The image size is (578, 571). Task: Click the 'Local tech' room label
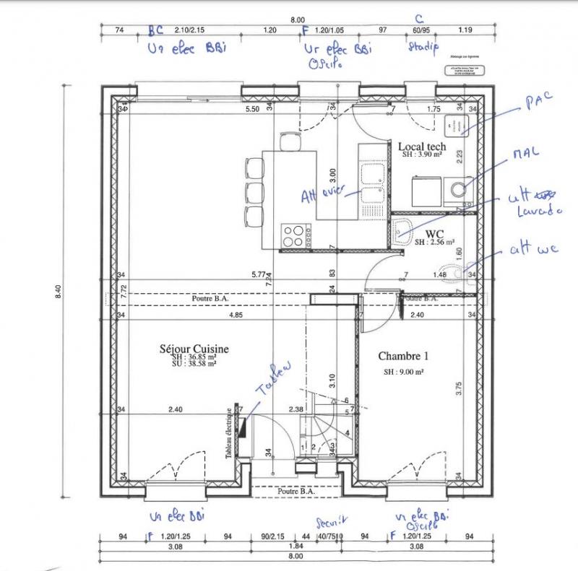(x=423, y=147)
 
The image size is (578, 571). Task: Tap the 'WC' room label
(x=434, y=234)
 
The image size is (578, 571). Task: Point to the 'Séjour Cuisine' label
(x=194, y=349)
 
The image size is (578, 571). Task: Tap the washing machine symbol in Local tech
(x=456, y=190)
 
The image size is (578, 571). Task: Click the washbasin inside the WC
(x=402, y=230)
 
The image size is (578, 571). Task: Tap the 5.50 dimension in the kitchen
(x=252, y=109)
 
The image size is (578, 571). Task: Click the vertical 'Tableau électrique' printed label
(x=230, y=432)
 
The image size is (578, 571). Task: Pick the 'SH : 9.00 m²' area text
(x=403, y=372)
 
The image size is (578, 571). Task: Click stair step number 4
(x=348, y=432)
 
